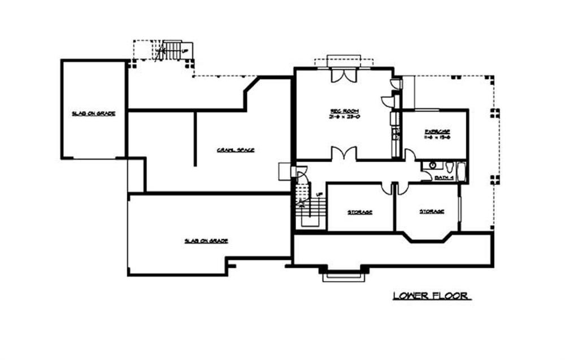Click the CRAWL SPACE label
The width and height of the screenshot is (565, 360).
coord(236,150)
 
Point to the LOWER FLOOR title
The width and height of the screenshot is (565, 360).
coord(432,296)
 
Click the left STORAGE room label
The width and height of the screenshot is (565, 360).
coord(359,212)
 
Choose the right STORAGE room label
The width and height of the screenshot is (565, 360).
coord(431,211)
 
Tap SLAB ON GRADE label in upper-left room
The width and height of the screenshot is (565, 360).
coord(93,114)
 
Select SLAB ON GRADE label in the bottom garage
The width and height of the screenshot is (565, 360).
coord(206,240)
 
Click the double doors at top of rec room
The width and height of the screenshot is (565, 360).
coord(344,74)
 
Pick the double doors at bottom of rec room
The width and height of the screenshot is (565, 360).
coord(343,154)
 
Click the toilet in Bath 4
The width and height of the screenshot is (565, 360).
coord(449,167)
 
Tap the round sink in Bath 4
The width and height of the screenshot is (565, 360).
coord(432,166)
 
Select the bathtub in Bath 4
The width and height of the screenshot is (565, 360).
coord(462,172)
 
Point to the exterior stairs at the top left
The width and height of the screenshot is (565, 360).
coord(172,50)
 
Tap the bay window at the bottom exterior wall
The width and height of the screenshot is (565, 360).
coord(342,275)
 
